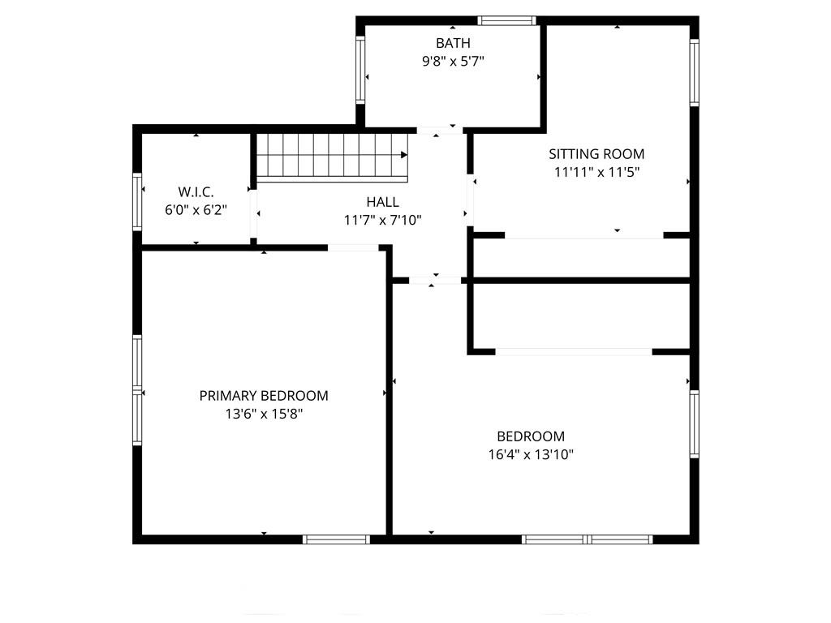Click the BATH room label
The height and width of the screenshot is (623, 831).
453,43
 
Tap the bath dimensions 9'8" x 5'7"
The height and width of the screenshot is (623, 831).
453,62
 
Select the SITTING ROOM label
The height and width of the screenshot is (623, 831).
596,154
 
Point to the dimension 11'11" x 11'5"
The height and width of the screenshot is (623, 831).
596,172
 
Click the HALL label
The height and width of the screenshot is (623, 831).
383,202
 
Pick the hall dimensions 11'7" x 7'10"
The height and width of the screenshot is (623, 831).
383,220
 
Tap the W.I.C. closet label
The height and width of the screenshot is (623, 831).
196,191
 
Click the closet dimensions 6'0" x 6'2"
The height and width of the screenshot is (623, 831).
196,210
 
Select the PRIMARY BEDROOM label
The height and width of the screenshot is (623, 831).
264,396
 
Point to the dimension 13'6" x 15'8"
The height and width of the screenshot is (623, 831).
264,414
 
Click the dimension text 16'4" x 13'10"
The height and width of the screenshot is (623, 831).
531,454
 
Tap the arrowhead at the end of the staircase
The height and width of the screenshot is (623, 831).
404,155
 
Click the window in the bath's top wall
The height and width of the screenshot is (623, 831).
506,20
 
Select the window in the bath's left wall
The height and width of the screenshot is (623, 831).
360,70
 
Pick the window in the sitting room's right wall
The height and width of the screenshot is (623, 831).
695,72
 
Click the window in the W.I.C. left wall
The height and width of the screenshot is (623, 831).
137,201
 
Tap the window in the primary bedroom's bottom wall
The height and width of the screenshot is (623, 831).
336,539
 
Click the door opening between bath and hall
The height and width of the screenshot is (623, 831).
439,131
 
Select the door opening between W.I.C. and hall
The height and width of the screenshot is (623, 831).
253,213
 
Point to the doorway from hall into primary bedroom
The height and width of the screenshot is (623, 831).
353,247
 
